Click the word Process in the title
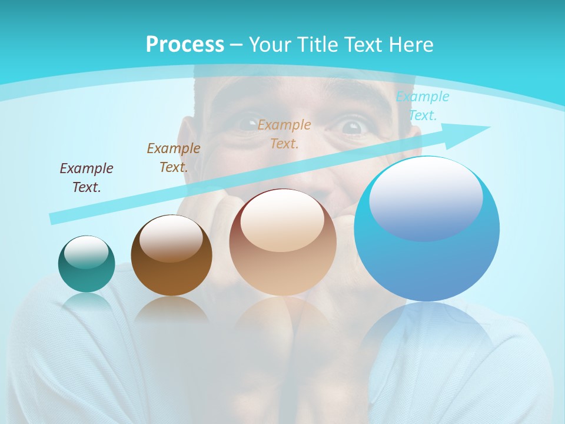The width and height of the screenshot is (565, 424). pyautogui.click(x=185, y=45)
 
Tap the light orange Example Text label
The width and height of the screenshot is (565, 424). pyautogui.click(x=284, y=134)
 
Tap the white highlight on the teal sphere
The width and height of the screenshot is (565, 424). pyautogui.click(x=86, y=253)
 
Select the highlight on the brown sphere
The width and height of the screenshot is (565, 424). pyautogui.click(x=171, y=238)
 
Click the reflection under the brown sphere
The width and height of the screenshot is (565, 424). pyautogui.click(x=171, y=309)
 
